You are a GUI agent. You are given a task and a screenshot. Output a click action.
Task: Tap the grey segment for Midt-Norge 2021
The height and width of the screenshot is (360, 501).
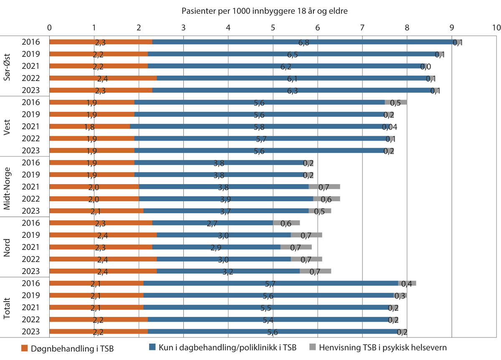click(324, 187)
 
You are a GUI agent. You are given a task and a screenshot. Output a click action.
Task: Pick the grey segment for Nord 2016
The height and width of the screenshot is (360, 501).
click(286, 223)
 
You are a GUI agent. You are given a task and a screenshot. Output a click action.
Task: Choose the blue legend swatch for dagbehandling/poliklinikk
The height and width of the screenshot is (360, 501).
click(152, 347)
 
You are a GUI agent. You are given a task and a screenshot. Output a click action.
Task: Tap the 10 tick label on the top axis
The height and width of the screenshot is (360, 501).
click(496, 28)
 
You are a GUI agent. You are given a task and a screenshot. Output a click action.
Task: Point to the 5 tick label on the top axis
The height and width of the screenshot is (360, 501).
click(273, 28)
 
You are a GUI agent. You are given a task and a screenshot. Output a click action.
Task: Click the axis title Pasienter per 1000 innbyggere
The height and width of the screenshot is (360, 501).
click(265, 11)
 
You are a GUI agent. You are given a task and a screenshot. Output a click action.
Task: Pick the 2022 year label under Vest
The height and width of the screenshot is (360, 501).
click(31, 139)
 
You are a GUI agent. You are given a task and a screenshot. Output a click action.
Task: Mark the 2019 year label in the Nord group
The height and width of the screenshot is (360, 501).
click(31, 235)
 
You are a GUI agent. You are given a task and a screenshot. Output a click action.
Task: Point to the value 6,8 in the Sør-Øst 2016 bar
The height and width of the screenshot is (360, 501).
click(304, 42)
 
